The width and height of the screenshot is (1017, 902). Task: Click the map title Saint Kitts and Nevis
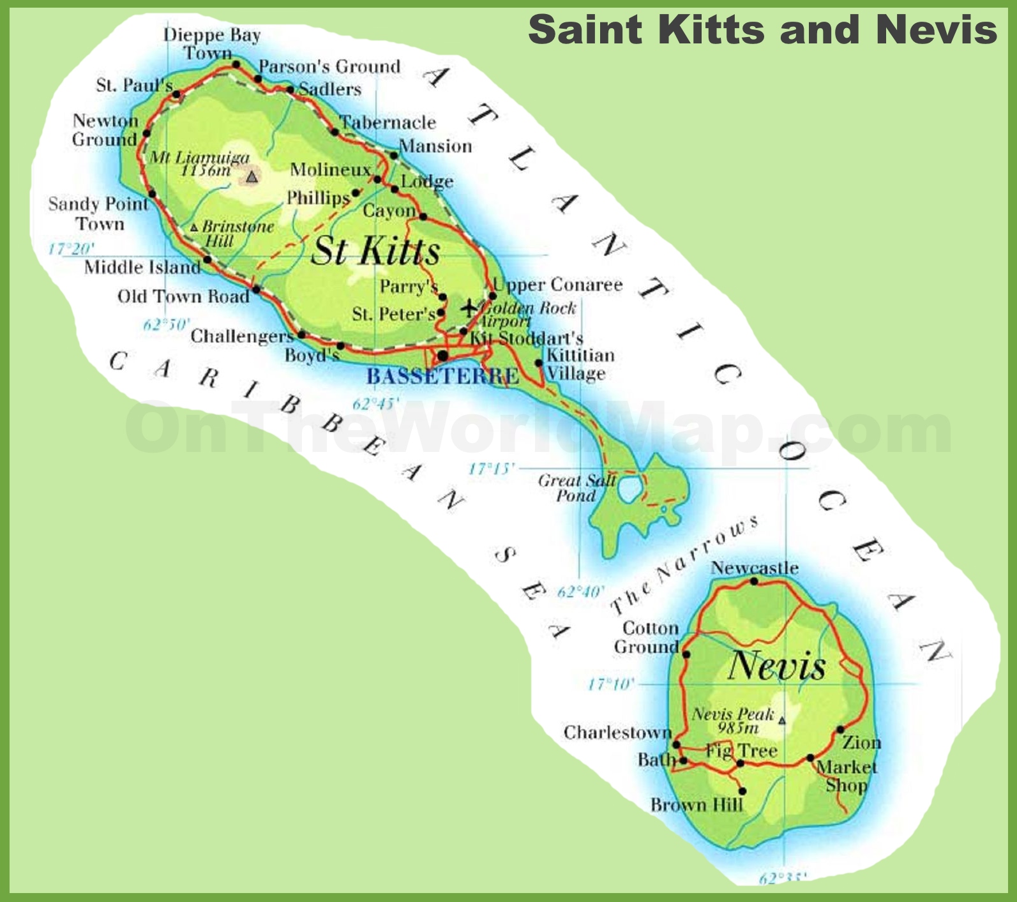[x=762, y=29]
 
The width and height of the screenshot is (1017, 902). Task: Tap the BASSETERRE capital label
[x=442, y=377]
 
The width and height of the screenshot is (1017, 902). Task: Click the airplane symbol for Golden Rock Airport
[x=469, y=308]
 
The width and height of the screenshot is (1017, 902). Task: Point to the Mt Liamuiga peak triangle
[x=252, y=176]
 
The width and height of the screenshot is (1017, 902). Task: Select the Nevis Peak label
[x=734, y=720]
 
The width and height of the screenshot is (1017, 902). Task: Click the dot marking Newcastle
[x=754, y=581]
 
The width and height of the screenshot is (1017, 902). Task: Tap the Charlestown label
[x=617, y=732]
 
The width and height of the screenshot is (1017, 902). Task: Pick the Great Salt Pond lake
[x=629, y=489]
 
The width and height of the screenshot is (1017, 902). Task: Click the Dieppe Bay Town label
[x=211, y=43]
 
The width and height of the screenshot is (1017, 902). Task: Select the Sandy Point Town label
[x=98, y=213]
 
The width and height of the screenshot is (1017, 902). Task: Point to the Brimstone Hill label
[x=234, y=234]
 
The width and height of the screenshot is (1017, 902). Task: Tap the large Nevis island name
[x=776, y=666]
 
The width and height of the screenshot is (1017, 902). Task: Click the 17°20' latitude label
[x=72, y=248]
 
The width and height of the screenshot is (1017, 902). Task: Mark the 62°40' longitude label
[x=580, y=592]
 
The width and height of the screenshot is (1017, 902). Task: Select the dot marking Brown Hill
[x=742, y=791]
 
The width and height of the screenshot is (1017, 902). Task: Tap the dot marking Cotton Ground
[x=686, y=654]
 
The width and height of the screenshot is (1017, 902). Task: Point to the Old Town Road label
[x=183, y=296]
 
